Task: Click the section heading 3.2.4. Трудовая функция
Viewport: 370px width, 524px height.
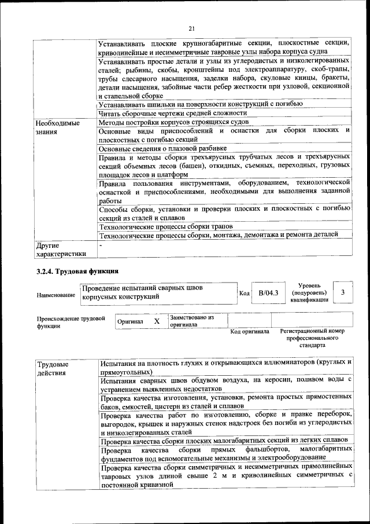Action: (77, 270)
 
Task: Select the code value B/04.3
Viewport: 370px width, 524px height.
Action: (268, 293)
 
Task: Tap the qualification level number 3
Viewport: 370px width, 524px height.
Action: (343, 293)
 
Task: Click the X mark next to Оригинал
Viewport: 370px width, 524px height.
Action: (157, 321)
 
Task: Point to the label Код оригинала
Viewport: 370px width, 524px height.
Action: (250, 332)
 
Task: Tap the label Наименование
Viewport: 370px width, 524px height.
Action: (55, 295)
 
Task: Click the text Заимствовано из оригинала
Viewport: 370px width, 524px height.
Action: (192, 321)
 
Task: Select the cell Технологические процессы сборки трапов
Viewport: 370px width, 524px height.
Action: (165, 226)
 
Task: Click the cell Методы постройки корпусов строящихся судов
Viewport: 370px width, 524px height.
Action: (173, 122)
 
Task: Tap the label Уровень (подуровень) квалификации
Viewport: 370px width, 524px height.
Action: (310, 292)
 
